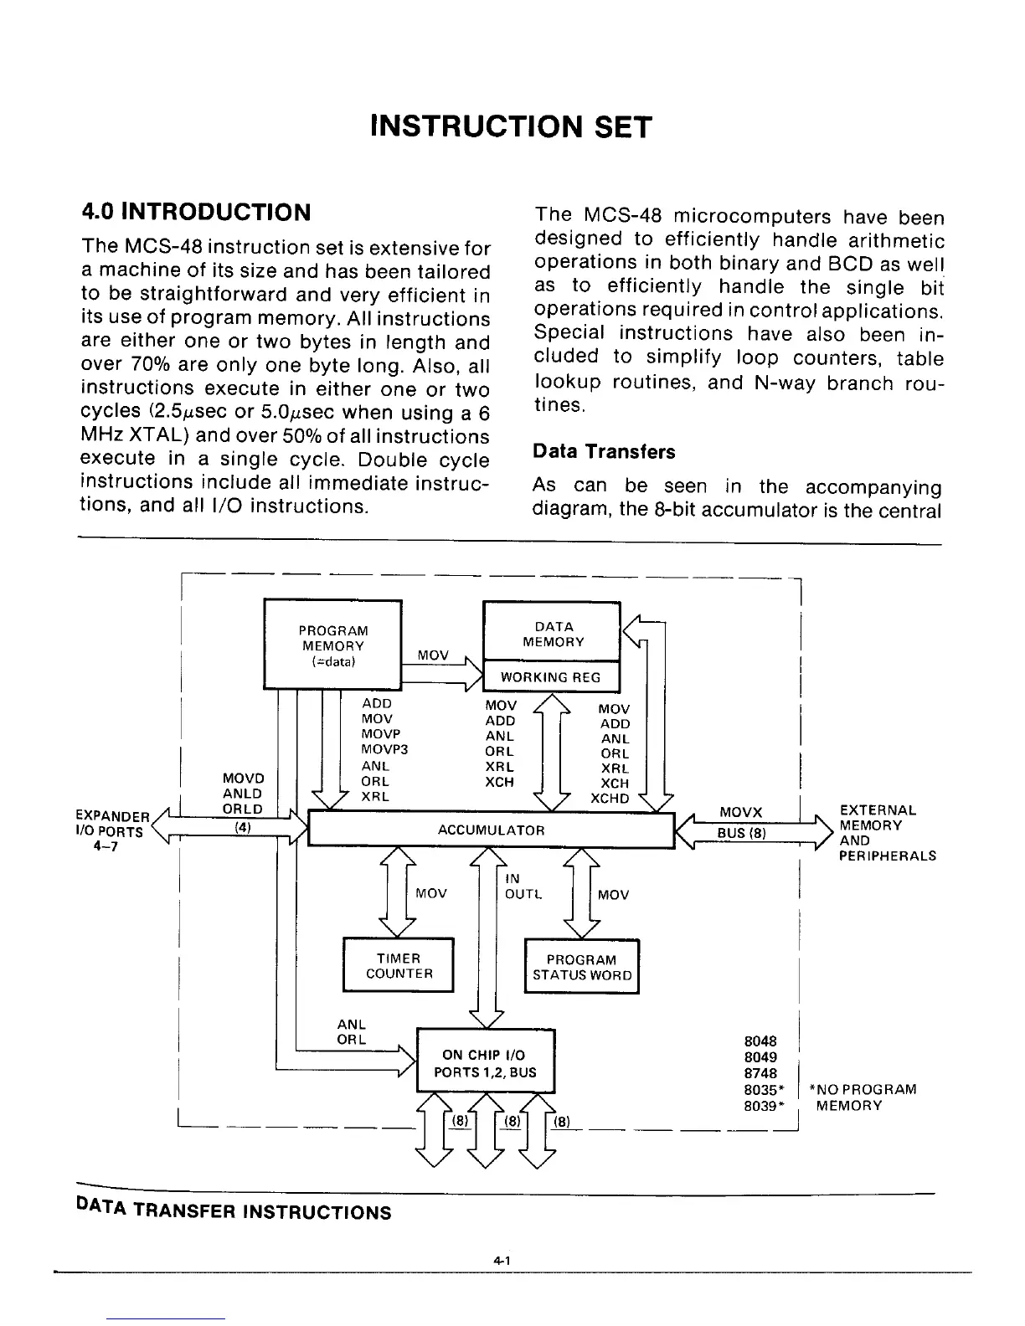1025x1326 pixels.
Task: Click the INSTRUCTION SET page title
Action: [510, 126]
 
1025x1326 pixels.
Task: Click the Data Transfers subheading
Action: [604, 452]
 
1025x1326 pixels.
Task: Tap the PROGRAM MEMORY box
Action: [332, 645]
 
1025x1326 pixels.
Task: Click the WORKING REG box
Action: [550, 677]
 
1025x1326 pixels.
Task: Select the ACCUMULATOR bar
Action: [492, 830]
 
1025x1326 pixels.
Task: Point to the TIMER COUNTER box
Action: [399, 966]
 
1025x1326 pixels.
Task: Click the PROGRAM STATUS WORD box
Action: [581, 968]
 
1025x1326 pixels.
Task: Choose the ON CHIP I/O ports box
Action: [485, 1063]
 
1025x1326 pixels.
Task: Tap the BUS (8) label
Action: [741, 833]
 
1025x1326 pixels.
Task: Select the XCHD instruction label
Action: [610, 799]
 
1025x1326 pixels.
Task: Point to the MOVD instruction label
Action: [243, 779]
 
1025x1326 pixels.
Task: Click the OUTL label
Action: [524, 894]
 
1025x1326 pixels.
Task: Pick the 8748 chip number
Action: [760, 1073]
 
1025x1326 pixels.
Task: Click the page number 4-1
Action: [502, 1260]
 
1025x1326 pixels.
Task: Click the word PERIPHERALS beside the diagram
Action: [887, 856]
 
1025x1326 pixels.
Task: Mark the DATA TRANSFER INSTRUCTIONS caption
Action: [234, 1211]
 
